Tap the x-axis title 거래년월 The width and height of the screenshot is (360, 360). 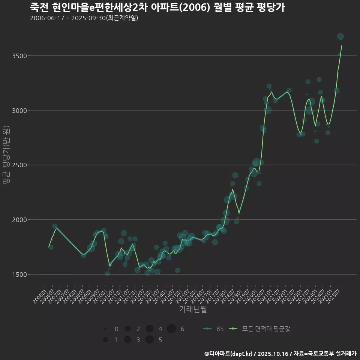pos(193,309)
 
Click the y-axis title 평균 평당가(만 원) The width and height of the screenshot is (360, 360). pos(6,155)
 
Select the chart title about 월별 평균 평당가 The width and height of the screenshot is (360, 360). pos(157,7)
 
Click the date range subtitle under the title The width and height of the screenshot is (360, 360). pos(84,18)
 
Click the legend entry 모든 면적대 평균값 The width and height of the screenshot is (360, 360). pos(261,329)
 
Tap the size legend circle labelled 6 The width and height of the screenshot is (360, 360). pos(171,329)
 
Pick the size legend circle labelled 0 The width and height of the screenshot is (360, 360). pos(105,329)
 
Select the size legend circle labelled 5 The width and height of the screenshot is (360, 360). pos(149,340)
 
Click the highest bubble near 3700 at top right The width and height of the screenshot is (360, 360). pos(340,36)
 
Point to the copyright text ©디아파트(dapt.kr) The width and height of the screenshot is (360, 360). pos(229,354)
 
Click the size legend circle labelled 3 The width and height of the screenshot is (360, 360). pos(127,340)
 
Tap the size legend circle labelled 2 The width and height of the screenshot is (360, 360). pos(127,329)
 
